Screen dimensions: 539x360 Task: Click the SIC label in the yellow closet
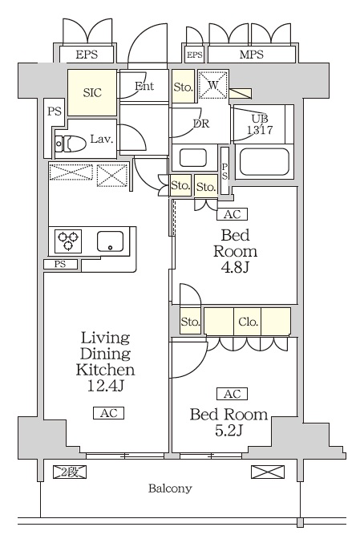(x=92, y=92)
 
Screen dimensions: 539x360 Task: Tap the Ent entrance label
(x=144, y=87)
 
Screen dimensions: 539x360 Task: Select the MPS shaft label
(x=251, y=55)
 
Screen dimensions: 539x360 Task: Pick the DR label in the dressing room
(x=201, y=124)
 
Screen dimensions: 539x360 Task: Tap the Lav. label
(x=100, y=139)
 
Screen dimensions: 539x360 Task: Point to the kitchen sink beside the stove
(x=110, y=241)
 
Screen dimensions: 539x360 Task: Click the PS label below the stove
(x=60, y=265)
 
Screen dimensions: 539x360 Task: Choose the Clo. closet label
(x=247, y=322)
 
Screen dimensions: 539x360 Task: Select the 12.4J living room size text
(x=105, y=387)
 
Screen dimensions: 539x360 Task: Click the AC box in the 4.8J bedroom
(x=232, y=214)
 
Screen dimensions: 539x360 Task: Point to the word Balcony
(x=168, y=488)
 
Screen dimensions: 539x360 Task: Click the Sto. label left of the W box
(x=182, y=87)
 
